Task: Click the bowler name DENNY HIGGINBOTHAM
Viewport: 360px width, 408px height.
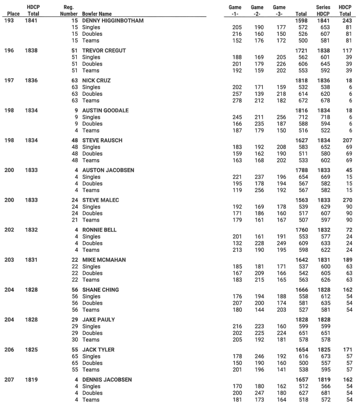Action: point(113,20)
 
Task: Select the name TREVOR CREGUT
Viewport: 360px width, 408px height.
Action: point(104,51)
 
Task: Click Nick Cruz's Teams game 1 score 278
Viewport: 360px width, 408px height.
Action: point(236,100)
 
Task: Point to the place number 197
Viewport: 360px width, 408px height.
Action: point(10,80)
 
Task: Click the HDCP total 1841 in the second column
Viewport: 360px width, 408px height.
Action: point(32,20)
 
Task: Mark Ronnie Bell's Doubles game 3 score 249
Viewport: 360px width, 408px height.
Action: point(279,243)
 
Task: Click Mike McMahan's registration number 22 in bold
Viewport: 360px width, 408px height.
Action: point(75,260)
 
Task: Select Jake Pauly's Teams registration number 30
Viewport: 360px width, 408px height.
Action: point(75,340)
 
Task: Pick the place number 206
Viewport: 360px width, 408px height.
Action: point(10,350)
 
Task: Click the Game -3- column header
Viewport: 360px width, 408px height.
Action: point(279,10)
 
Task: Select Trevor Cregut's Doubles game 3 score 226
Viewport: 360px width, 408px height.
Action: point(279,64)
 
